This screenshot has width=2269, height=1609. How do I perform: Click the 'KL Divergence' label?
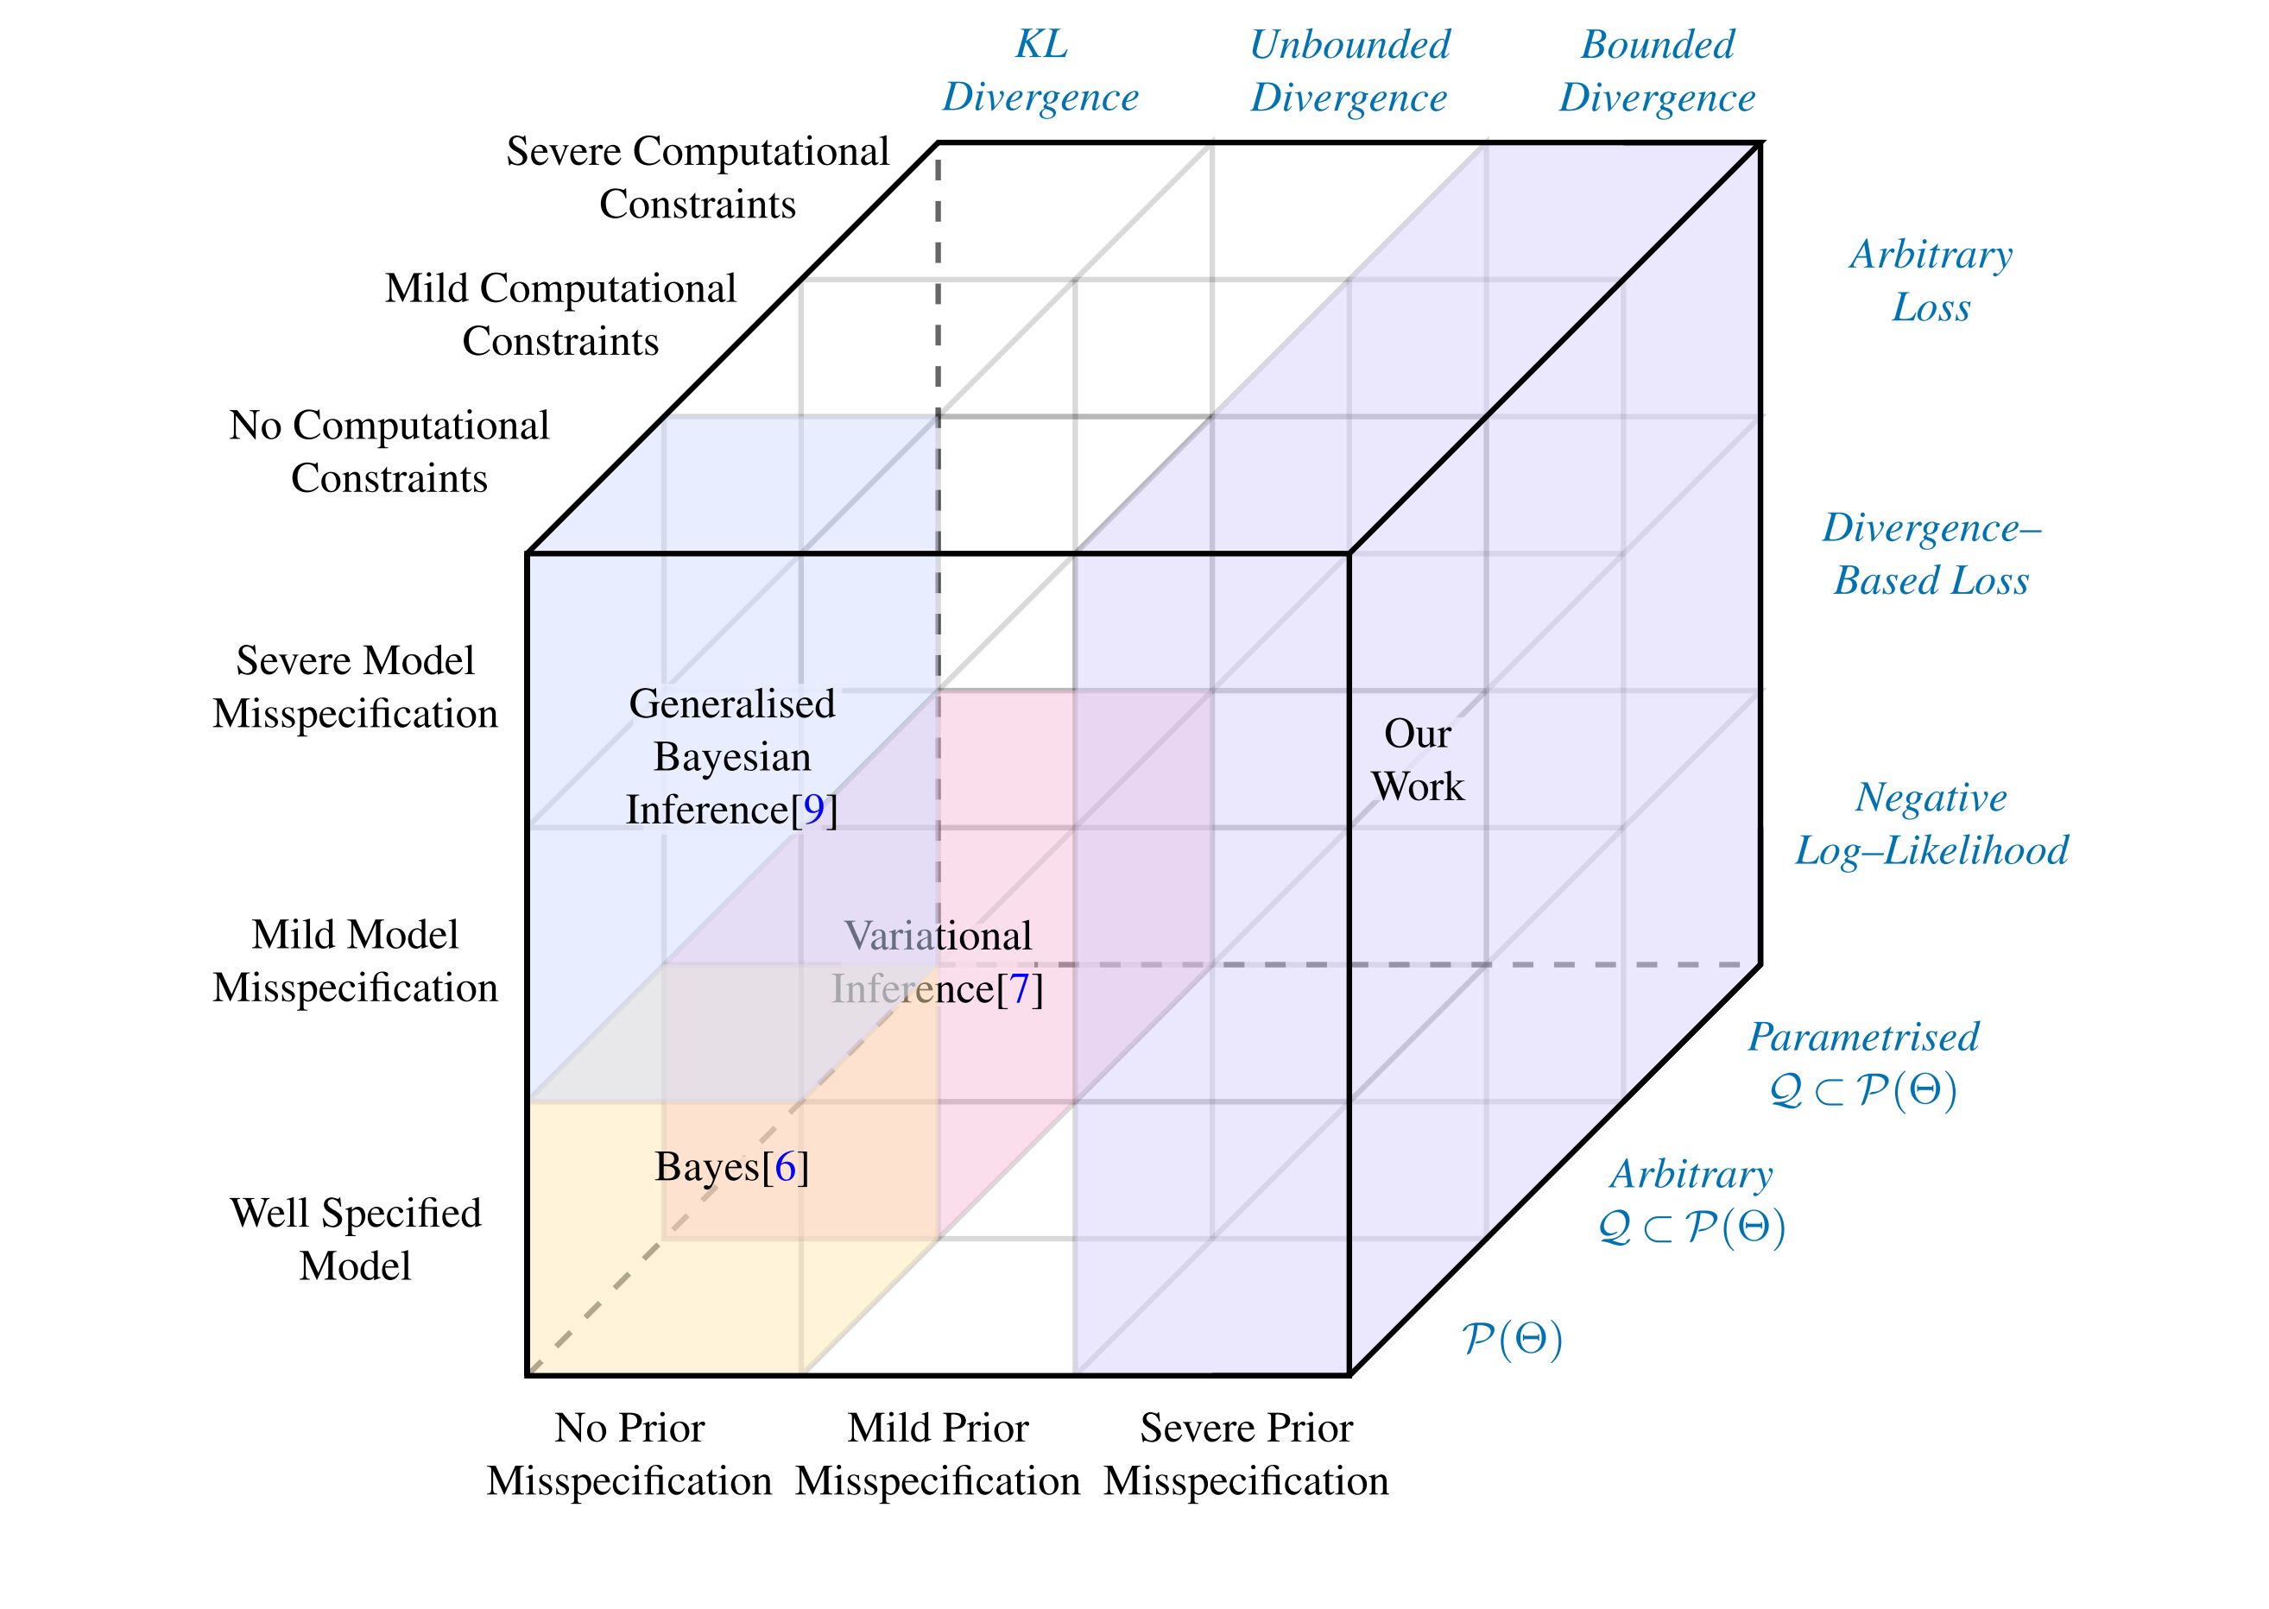click(1040, 72)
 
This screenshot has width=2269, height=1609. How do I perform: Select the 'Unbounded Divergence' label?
click(1349, 72)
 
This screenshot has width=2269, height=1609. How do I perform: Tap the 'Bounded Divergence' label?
click(1657, 72)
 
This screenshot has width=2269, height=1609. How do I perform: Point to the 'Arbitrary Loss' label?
click(1931, 281)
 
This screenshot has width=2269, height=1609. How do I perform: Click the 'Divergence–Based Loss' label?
click(1931, 554)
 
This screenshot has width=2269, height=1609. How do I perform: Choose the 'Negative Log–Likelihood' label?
click(1931, 824)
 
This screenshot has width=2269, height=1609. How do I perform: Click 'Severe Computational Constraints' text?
click(698, 179)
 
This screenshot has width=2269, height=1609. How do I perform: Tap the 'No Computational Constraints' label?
click(389, 451)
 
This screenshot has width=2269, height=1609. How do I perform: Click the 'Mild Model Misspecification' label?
click(355, 961)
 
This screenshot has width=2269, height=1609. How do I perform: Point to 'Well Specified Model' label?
click(355, 1240)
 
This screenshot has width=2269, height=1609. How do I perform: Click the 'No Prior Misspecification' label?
click(629, 1454)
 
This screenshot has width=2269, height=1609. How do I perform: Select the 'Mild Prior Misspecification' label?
click(938, 1454)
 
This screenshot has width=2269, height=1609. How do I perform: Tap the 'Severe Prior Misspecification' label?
click(1246, 1454)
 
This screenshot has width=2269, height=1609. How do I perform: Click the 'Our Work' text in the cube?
click(1417, 760)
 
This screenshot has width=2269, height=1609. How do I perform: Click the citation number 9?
click(813, 811)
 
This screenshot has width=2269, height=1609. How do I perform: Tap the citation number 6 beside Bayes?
click(786, 1167)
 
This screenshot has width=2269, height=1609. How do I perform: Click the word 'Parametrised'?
click(1862, 1038)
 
